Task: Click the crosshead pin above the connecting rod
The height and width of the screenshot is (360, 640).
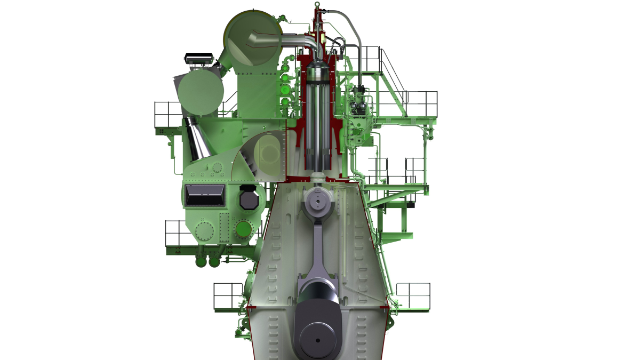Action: (x=318, y=202)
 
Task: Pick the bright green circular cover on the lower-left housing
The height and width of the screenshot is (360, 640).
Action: (x=244, y=230)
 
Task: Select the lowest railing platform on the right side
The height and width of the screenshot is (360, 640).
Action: (x=413, y=297)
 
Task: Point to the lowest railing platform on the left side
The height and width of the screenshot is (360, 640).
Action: (x=228, y=297)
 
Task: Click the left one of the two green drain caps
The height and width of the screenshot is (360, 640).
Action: (x=201, y=262)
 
